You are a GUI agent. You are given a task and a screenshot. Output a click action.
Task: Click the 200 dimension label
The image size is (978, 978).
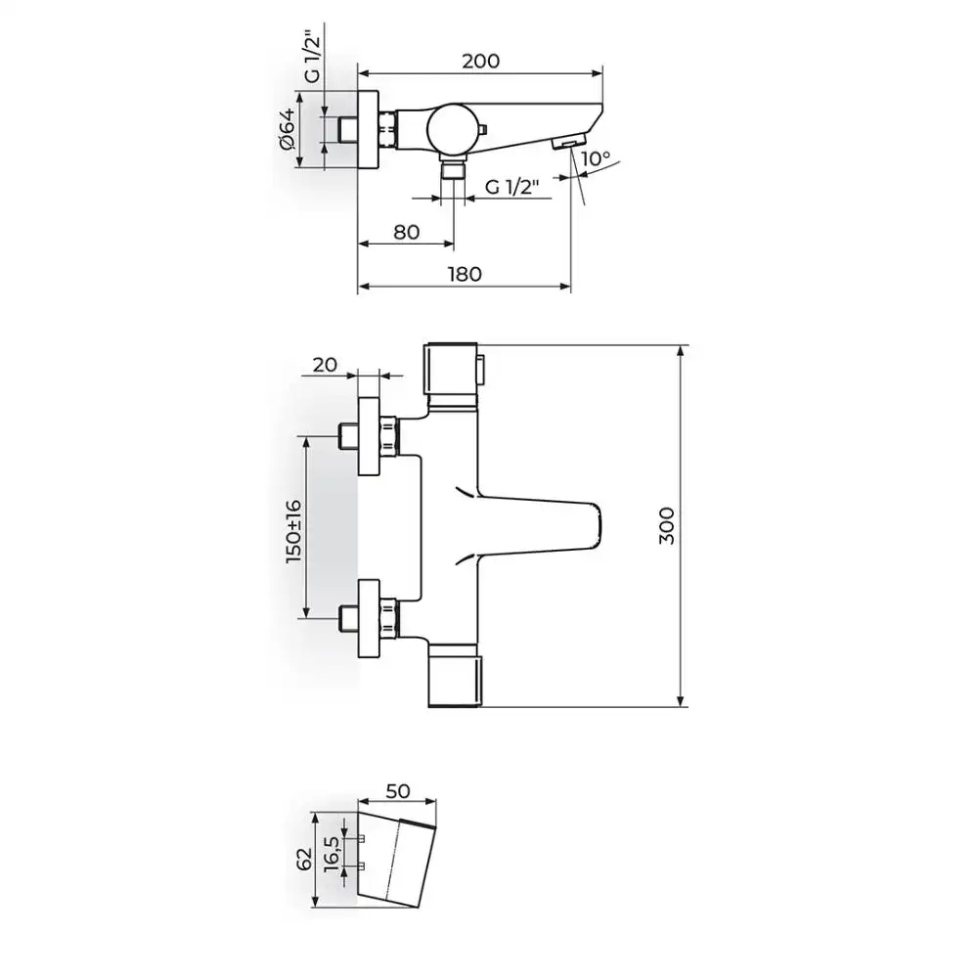(x=481, y=61)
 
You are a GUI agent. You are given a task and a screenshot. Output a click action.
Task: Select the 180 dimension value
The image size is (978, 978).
(x=465, y=275)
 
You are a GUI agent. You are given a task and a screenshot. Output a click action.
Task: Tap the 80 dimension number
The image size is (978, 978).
(x=407, y=232)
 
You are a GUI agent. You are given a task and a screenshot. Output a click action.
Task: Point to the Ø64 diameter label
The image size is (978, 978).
(x=287, y=129)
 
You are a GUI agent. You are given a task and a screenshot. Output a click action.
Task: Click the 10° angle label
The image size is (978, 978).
(x=596, y=158)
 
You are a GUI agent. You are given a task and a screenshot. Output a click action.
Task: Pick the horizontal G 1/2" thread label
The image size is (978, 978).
(x=511, y=187)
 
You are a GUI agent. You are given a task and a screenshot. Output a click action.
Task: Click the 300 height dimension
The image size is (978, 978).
(x=667, y=526)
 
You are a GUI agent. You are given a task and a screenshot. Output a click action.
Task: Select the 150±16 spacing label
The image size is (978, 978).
(x=293, y=531)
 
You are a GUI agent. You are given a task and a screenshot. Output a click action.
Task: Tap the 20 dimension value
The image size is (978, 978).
(x=325, y=365)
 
